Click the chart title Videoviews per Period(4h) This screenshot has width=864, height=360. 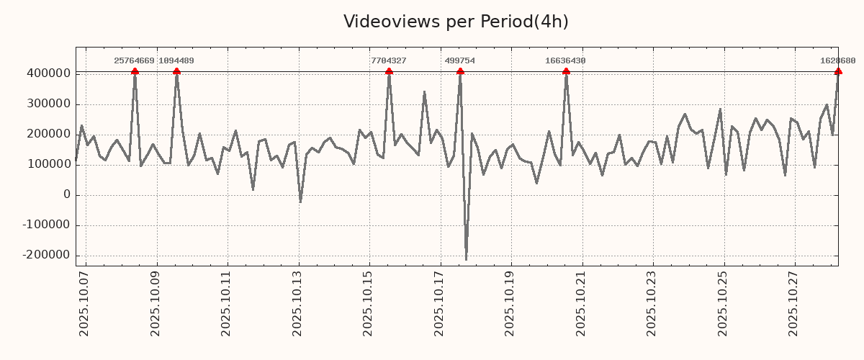(456, 22)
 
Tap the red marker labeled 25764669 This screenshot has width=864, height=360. (135, 71)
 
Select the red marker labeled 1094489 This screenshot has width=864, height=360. (176, 71)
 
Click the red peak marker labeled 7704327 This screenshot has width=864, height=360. (389, 71)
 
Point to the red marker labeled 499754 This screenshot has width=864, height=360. (460, 71)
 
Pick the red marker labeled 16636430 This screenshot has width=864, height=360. (566, 71)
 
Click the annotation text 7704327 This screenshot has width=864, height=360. (389, 61)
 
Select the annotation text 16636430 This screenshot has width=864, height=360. (565, 61)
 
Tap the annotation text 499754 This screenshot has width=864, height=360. (460, 61)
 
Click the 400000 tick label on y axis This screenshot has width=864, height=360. (48, 73)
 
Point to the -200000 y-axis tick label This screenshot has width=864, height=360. (46, 255)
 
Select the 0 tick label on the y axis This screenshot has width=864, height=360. (67, 194)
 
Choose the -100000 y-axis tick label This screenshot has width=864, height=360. (46, 225)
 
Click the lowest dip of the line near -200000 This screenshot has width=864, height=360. (466, 259)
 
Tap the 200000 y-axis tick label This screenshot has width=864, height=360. (48, 134)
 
